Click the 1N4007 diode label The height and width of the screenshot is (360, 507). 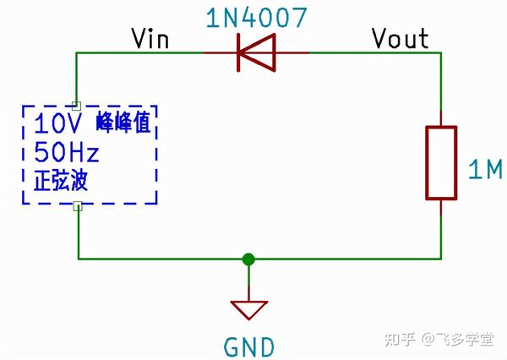tap(256, 17)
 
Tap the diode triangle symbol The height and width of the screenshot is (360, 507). tap(257, 52)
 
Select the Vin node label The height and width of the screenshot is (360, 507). tap(150, 39)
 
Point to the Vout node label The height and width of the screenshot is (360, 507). tap(401, 39)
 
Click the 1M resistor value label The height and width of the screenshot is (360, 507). tap(485, 170)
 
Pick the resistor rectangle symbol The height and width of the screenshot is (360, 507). tap(441, 163)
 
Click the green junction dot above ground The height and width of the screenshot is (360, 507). tap(248, 259)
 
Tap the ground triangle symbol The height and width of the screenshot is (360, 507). tap(248, 310)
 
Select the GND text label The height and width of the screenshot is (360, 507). tap(249, 347)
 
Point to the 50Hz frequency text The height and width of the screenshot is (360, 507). tap(67, 152)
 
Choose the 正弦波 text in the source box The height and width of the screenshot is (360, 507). tap(61, 180)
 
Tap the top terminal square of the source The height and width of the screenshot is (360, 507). tap(76, 106)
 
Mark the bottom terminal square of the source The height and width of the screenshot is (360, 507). tap(78, 206)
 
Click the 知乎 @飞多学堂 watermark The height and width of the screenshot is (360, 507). tap(439, 340)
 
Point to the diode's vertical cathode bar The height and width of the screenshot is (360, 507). tap(238, 52)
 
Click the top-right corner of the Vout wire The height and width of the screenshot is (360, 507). tap(441, 52)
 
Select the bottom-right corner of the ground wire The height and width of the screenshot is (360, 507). tap(441, 259)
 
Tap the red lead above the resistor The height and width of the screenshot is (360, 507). tap(441, 118)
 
